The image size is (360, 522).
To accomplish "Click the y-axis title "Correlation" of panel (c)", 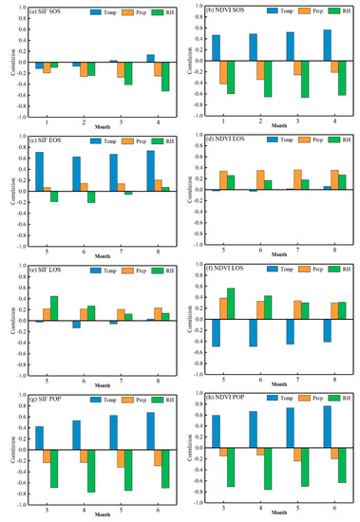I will pos(7,191).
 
